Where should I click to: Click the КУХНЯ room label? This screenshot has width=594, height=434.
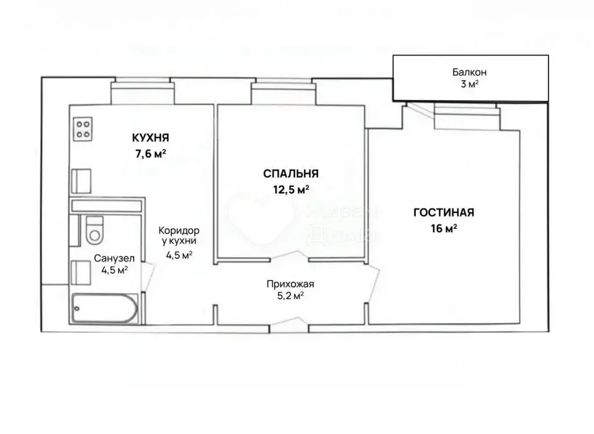(x=150, y=138)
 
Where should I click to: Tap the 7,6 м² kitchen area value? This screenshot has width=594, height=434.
(x=150, y=154)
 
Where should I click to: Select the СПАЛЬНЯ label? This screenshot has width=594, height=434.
(x=290, y=173)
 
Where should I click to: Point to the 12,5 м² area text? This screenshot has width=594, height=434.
(x=290, y=189)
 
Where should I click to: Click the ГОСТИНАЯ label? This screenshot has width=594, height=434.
(x=444, y=212)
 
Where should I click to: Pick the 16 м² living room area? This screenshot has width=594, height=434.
(x=444, y=229)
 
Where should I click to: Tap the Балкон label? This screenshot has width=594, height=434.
(x=469, y=73)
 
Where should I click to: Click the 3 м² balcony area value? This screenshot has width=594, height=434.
(x=469, y=84)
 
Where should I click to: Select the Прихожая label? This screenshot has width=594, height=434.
(x=290, y=284)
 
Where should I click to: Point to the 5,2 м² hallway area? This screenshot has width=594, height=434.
(x=290, y=295)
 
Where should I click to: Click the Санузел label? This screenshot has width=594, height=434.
(x=114, y=259)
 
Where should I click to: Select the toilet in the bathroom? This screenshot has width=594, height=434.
(x=93, y=230)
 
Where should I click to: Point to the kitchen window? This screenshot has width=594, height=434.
(x=143, y=91)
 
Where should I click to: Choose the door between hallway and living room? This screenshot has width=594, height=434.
(x=372, y=284)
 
